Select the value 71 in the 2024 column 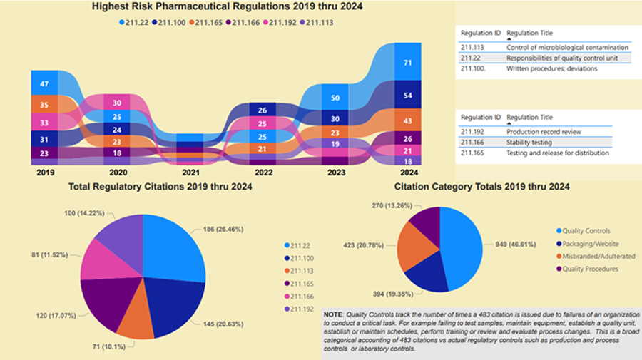[407, 63]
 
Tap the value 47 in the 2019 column [44, 84]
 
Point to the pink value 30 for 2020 [117, 102]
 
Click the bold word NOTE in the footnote [332, 314]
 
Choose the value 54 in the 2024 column [407, 96]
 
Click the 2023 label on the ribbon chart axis [335, 172]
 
